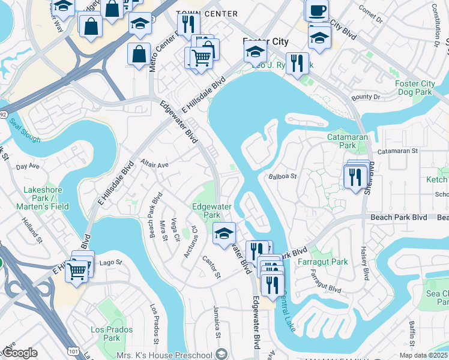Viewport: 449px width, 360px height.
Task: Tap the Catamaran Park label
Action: pos(342,141)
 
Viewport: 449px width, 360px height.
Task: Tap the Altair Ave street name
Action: pos(155,163)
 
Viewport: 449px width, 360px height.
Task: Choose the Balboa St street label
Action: pos(283,176)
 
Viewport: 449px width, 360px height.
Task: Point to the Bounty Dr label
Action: pos(366,97)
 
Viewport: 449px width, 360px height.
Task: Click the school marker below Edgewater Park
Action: pos(224,233)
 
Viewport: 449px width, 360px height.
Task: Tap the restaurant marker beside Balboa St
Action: pos(354,176)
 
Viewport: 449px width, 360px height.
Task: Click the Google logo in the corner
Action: pos(20,353)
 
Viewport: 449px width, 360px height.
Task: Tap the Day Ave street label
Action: pos(26,166)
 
